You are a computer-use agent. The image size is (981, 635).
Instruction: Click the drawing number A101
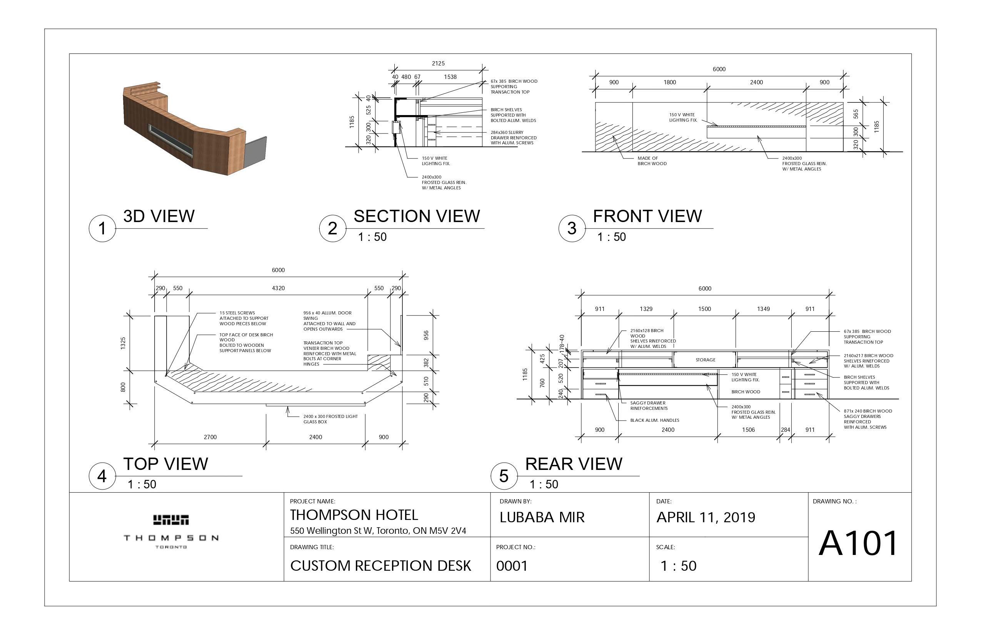pos(858,543)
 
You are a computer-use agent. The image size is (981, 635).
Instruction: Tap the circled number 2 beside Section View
pos(332,228)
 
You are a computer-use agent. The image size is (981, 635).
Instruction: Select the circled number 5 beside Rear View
pos(504,476)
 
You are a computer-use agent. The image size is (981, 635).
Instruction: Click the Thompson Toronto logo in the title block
pos(171,531)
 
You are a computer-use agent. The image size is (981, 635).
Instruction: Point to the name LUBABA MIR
pos(542,518)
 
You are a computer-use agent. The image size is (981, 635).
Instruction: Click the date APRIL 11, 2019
pos(706,518)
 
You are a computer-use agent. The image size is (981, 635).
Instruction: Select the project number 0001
pos(512,566)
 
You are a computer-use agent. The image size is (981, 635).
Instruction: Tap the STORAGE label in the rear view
pos(705,360)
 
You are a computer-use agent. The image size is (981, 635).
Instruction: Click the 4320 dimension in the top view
pos(278,288)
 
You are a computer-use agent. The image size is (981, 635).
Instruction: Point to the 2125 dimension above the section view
pos(438,63)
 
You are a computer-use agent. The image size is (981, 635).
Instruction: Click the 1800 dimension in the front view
pos(669,82)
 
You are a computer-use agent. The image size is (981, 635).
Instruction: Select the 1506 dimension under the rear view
pos(748,429)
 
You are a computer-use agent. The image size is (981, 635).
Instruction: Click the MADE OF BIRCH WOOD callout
pos(652,161)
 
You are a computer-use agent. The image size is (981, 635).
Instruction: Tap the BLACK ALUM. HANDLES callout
pos(654,420)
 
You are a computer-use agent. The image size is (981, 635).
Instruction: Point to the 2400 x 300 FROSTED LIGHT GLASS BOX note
pos(330,419)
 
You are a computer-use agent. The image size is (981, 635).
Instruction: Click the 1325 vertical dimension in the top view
pos(123,343)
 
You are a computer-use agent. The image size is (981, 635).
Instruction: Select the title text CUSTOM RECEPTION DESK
pos(380,566)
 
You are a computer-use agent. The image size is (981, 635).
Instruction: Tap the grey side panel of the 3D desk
pos(256,152)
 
